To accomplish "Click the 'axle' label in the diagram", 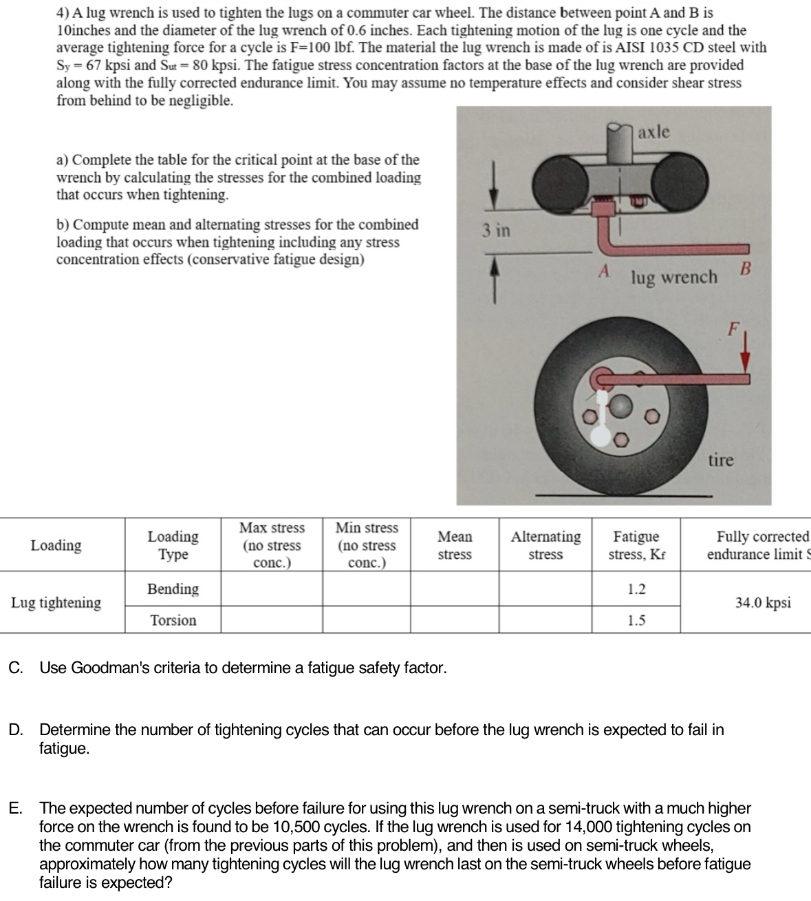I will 653,131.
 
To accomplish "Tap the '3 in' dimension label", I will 495,230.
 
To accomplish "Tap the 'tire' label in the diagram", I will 721,459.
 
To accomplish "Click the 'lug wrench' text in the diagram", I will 673,277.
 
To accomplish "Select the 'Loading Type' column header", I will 173,545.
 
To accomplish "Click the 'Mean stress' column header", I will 455,545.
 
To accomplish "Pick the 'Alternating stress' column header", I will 545,545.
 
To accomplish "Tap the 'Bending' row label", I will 173,589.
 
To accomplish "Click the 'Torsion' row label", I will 173,620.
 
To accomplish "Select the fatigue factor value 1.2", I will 636,589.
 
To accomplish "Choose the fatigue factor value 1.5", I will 636,620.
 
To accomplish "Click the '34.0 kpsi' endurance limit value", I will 763,603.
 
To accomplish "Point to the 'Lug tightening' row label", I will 56,603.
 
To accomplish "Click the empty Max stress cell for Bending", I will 272,589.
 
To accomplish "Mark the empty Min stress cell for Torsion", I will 367,620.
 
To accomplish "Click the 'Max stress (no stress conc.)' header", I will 272,545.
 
